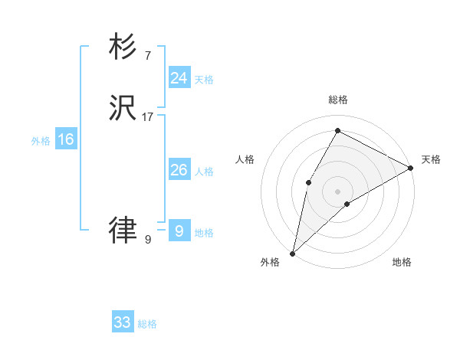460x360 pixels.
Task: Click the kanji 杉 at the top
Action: pyautogui.click(x=123, y=47)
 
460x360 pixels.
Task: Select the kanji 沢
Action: pyautogui.click(x=123, y=109)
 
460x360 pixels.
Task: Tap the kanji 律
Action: pyautogui.click(x=123, y=229)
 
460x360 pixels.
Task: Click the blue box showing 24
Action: pyautogui.click(x=179, y=77)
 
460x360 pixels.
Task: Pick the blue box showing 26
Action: pyautogui.click(x=179, y=170)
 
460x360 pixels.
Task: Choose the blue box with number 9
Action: pyautogui.click(x=179, y=231)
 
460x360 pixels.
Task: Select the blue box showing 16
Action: pyautogui.click(x=66, y=139)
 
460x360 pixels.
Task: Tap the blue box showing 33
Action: pyautogui.click(x=123, y=322)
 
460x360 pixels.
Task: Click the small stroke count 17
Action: pyautogui.click(x=148, y=118)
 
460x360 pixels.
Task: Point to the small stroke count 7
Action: pyautogui.click(x=147, y=55)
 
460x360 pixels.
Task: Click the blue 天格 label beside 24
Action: pyautogui.click(x=204, y=80)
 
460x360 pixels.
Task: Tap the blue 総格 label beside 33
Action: pyautogui.click(x=148, y=325)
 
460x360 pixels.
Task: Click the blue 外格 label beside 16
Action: pyautogui.click(x=41, y=141)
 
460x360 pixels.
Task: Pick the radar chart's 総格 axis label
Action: pyautogui.click(x=338, y=100)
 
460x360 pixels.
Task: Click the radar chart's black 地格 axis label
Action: pyautogui.click(x=402, y=263)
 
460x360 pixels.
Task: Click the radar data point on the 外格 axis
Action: pyautogui.click(x=292, y=254)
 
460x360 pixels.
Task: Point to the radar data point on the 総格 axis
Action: pyautogui.click(x=337, y=130)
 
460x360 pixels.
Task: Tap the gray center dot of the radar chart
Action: pyautogui.click(x=337, y=191)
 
